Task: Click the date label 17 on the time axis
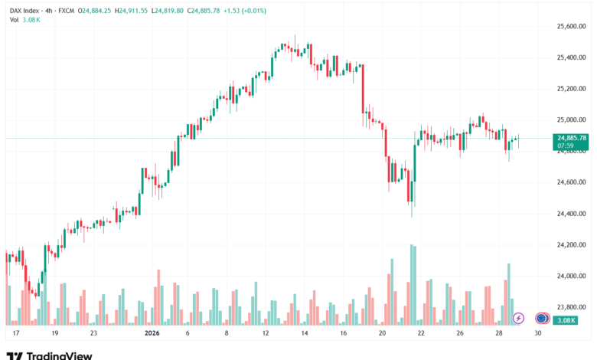15,334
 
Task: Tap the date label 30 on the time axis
538,334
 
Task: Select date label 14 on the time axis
305,334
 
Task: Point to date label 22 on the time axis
421,334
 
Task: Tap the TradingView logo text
60,355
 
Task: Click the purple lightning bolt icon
518,318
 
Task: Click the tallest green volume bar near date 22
411,284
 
